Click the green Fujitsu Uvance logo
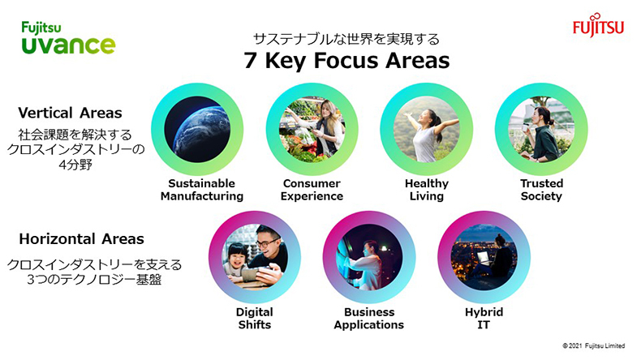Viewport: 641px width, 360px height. point(68,38)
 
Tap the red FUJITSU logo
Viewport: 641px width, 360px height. point(599,25)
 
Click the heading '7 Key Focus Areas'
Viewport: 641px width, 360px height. point(346,60)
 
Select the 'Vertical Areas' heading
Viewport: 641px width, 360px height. point(70,113)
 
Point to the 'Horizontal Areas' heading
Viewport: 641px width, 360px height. point(81,238)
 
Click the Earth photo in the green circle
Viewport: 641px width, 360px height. point(197,129)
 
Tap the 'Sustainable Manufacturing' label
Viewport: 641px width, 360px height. point(202,190)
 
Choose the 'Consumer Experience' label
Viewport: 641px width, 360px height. point(312,190)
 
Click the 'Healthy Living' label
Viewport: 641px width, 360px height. point(427,190)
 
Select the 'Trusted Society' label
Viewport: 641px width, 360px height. point(542,190)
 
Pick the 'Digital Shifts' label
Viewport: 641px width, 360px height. point(255,319)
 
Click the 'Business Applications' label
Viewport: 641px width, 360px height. point(369,319)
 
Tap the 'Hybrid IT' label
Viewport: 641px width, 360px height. point(484,319)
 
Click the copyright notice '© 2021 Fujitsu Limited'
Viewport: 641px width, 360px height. point(594,345)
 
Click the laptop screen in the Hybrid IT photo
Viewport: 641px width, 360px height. point(484,258)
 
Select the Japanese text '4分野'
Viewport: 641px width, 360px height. point(75,165)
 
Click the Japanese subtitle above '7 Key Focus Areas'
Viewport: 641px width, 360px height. point(346,39)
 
